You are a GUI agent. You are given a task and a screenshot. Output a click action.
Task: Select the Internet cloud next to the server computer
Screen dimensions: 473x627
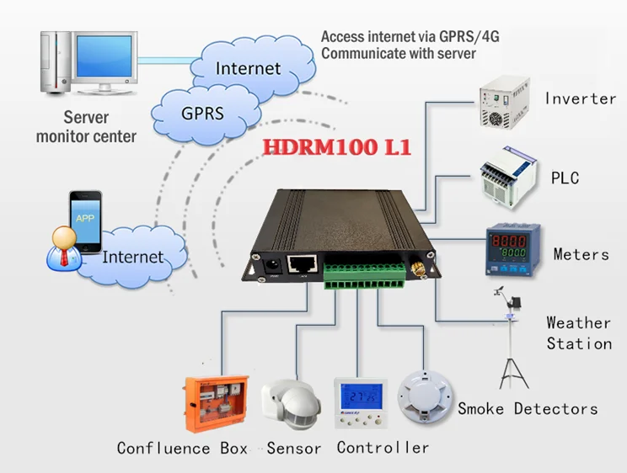tap(247, 67)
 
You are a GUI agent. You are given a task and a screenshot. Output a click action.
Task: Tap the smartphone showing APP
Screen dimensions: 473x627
tap(85, 220)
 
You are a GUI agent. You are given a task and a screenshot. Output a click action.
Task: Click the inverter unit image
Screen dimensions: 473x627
tap(504, 103)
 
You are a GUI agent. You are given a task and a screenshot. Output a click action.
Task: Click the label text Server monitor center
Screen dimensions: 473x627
tap(86, 126)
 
